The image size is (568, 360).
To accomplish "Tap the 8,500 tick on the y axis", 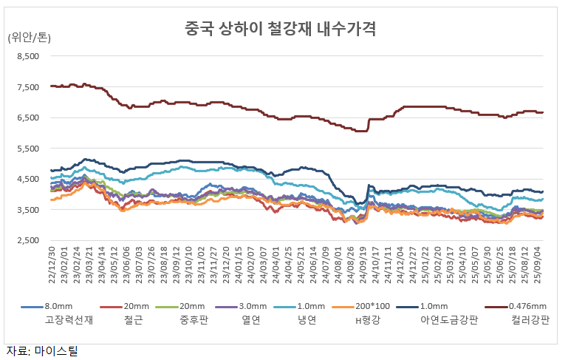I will [x=26, y=56].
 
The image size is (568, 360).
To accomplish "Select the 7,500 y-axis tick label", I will [x=26, y=87].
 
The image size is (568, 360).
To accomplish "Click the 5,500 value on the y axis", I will [x=26, y=149].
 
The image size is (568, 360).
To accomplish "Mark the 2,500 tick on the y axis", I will [x=26, y=241].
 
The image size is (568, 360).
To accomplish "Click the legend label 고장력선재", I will [x=69, y=320].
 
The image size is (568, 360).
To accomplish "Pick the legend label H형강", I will [x=369, y=320].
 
